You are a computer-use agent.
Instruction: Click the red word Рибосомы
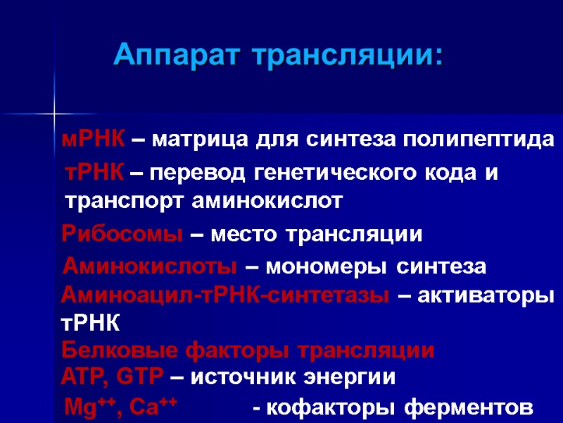[x=123, y=235]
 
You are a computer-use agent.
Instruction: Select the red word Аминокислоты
[x=150, y=267]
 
